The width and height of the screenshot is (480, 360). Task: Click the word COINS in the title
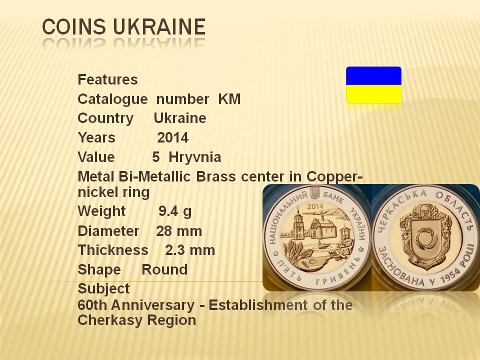(x=74, y=26)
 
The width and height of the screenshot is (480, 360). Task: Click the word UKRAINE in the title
(x=159, y=26)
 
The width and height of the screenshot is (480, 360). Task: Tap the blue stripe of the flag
(x=373, y=75)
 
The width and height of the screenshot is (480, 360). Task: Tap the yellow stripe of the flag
(x=373, y=94)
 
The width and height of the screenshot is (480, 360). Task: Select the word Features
(x=108, y=79)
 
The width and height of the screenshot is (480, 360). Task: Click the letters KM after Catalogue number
(x=229, y=99)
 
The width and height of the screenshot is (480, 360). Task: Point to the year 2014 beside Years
(x=173, y=138)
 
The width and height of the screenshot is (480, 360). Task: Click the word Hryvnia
(x=194, y=157)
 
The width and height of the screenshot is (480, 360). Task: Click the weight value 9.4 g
(x=175, y=211)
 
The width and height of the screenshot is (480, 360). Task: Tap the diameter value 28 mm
(x=179, y=231)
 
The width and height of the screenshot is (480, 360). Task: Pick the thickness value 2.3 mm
(x=190, y=250)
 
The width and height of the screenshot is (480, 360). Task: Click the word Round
(x=164, y=269)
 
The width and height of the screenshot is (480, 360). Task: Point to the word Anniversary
(x=153, y=305)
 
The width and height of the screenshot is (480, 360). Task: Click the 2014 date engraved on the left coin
(x=315, y=206)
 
